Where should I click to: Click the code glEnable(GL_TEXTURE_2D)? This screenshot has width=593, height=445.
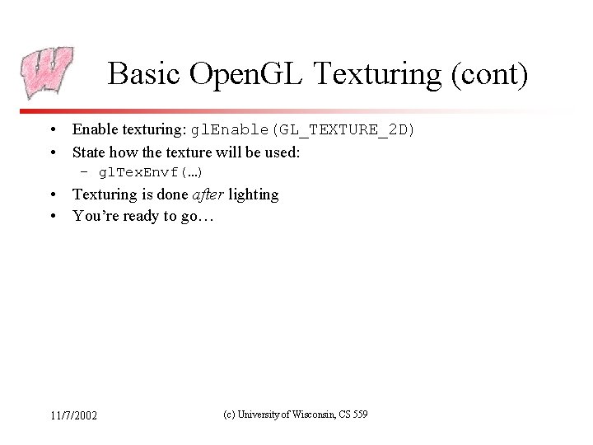304,130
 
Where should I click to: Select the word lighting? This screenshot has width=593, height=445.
254,195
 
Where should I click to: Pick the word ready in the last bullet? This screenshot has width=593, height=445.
139,217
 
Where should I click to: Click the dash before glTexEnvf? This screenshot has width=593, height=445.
83,173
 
